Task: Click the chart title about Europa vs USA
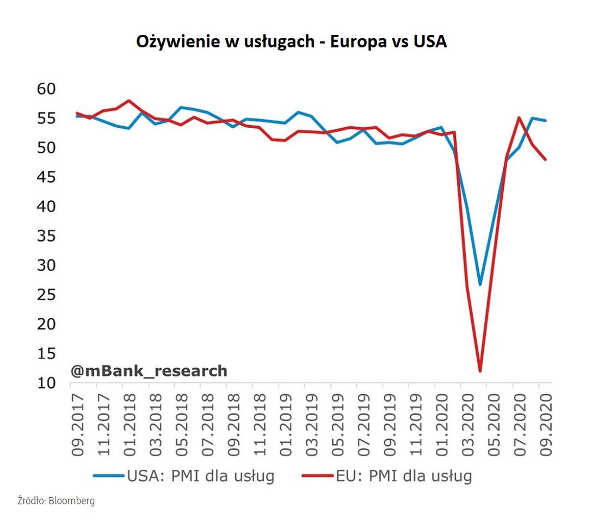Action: tap(291, 42)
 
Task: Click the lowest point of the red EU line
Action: tap(480, 371)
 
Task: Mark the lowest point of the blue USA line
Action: tap(480, 284)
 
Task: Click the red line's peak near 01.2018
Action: tap(128, 101)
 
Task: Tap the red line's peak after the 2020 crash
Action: tap(519, 117)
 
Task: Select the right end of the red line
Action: tap(545, 159)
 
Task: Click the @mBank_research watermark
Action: tap(149, 371)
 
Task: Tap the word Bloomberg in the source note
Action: tap(73, 501)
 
